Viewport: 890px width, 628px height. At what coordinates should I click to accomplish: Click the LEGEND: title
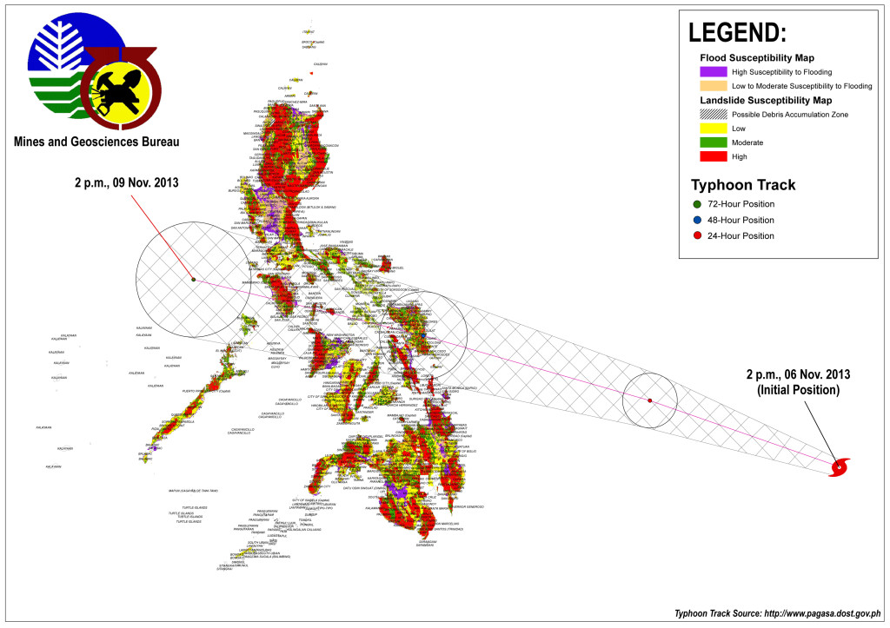tap(737, 32)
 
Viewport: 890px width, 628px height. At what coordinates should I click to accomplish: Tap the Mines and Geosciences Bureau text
tap(96, 142)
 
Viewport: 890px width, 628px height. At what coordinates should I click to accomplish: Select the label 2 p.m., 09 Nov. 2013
tap(126, 182)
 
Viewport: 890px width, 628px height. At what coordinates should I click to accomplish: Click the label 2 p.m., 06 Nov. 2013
tap(796, 382)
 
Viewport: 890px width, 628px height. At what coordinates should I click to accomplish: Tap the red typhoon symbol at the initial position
tap(840, 467)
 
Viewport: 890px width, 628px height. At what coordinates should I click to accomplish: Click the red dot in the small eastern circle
tap(650, 400)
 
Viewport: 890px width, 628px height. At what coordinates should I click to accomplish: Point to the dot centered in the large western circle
tap(193, 279)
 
